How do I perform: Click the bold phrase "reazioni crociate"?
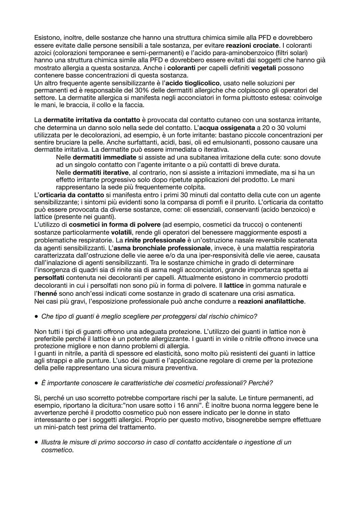point(252,45)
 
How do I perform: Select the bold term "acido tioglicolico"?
point(192,83)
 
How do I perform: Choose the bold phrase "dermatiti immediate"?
point(104,157)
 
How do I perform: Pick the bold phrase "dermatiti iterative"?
point(100,172)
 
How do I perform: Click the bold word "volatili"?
point(122,232)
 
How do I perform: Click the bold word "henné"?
point(47,293)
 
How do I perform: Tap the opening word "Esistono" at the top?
point(46,38)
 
